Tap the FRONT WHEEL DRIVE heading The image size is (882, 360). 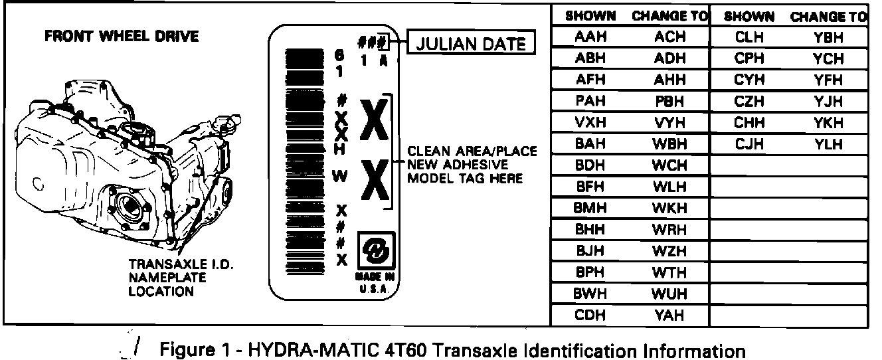click(122, 36)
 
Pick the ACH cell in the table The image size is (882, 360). click(669, 38)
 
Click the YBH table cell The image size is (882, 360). click(828, 38)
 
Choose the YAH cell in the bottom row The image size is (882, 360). click(669, 315)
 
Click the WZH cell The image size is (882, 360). click(669, 251)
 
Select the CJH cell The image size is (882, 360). click(750, 144)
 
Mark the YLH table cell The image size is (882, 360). click(828, 144)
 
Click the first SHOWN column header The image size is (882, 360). click(590, 16)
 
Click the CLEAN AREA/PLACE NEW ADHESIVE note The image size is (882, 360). click(472, 165)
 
